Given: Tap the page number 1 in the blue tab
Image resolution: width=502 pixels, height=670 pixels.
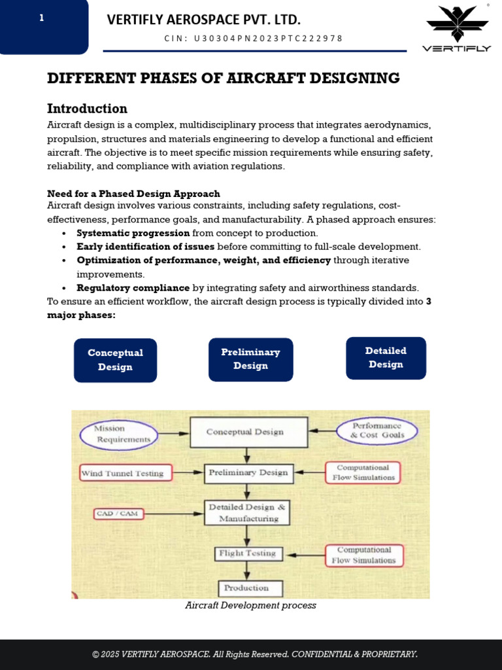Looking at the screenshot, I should click(x=42, y=18).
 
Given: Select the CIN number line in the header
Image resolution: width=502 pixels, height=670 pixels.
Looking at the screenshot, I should click(x=254, y=39).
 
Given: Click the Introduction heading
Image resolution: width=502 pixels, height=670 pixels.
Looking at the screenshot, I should click(x=87, y=109).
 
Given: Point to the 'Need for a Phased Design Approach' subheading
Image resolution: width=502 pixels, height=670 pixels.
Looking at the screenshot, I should click(x=133, y=194).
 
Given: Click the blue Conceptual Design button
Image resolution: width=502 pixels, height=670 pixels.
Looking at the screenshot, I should click(x=115, y=360).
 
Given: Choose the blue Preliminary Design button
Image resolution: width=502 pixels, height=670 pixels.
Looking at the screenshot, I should click(x=250, y=359).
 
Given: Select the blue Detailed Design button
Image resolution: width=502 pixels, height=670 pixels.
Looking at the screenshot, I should click(x=386, y=358).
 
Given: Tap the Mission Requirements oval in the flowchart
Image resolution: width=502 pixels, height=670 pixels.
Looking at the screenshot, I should click(x=119, y=434).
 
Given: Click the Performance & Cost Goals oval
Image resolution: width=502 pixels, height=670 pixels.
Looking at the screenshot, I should click(x=377, y=431).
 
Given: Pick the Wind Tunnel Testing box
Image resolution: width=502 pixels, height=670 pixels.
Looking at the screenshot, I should click(x=125, y=473).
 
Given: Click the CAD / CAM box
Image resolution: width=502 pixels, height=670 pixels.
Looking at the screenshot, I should click(x=117, y=514).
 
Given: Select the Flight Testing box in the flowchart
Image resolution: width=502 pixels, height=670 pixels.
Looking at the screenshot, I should click(x=248, y=554).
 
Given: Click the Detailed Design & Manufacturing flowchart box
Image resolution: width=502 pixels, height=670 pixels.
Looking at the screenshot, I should click(x=247, y=513).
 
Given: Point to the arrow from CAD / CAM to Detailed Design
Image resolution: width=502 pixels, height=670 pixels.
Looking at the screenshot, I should click(x=174, y=514).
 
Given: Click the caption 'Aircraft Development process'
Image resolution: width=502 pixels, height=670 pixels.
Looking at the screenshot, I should click(x=250, y=606).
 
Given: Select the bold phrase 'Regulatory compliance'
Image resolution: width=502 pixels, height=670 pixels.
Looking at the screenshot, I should click(x=133, y=288).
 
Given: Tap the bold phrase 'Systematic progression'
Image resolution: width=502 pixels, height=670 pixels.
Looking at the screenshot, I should click(x=133, y=233).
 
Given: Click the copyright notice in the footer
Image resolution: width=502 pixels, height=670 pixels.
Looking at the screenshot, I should click(x=254, y=654).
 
